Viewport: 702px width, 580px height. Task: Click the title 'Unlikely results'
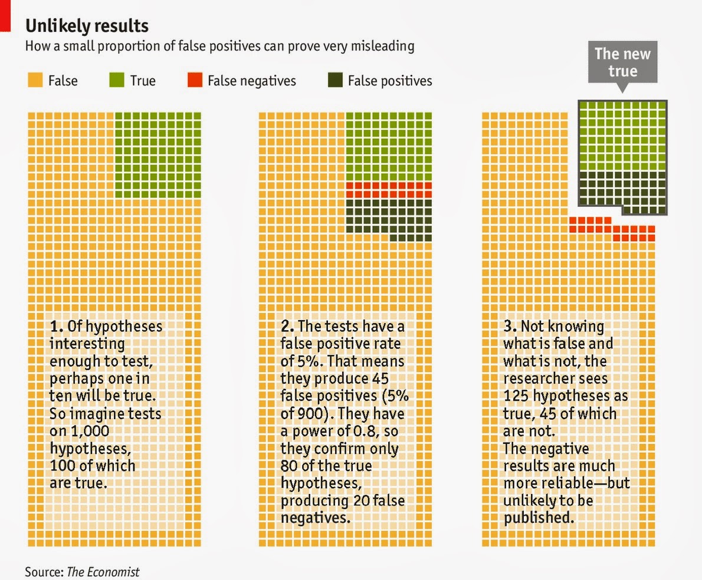tap(86, 26)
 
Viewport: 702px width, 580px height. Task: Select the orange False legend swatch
tap(35, 80)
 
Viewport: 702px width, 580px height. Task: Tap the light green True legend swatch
tap(117, 80)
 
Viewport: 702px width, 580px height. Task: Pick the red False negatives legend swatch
tap(194, 80)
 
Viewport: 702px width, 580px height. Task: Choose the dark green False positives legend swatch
tap(335, 80)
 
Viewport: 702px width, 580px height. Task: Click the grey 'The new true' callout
tap(622, 62)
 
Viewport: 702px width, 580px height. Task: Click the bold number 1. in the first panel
tap(57, 326)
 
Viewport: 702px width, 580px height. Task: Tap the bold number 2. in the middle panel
tap(287, 326)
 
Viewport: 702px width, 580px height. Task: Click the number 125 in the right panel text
tap(517, 396)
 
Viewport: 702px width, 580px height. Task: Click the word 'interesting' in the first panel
tap(87, 343)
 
